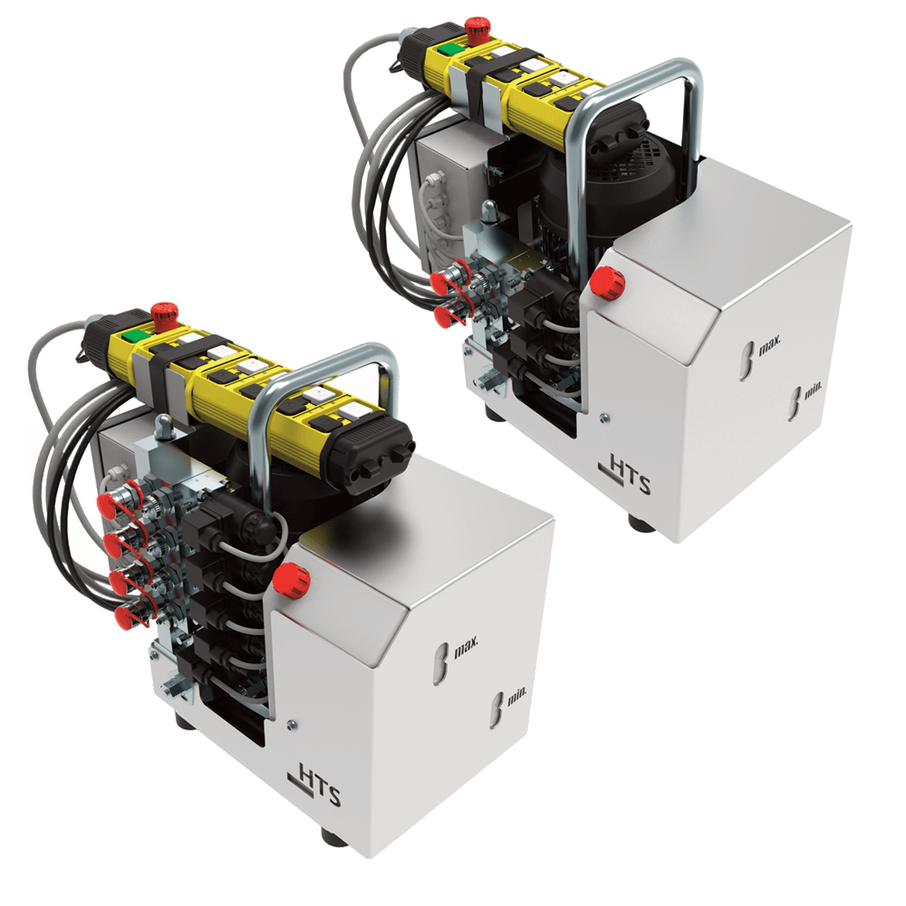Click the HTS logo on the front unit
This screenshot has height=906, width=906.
[314, 784]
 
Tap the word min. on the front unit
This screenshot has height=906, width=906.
[517, 698]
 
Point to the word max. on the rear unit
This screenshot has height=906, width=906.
[769, 345]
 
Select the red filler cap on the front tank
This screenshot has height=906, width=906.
[291, 580]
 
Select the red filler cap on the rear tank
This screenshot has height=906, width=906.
[607, 283]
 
